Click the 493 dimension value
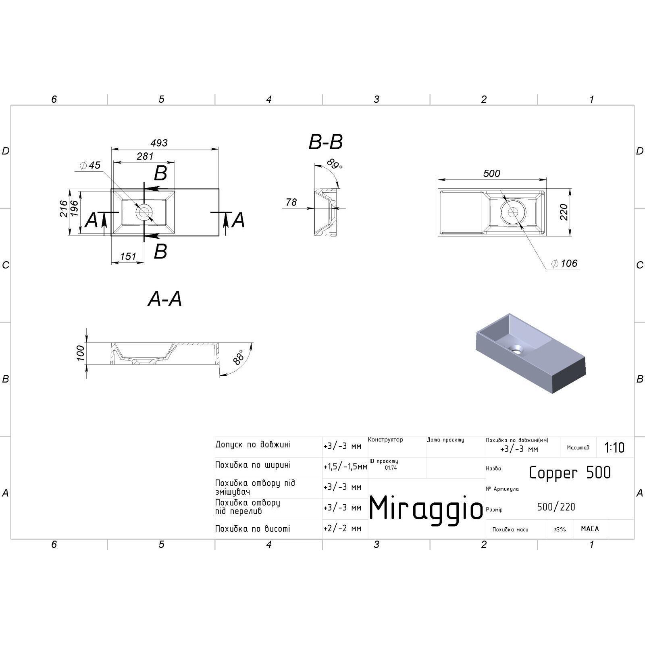pyautogui.click(x=159, y=143)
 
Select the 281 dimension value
pyautogui.click(x=145, y=156)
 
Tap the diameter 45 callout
pyautogui.click(x=90, y=165)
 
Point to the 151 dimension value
pyautogui.click(x=128, y=256)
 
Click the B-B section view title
pyautogui.click(x=326, y=142)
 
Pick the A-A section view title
pyautogui.click(x=165, y=299)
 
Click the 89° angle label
pyautogui.click(x=334, y=164)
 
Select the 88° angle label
pyautogui.click(x=239, y=357)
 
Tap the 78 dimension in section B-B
pyautogui.click(x=291, y=202)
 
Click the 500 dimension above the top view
pyautogui.click(x=491, y=173)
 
